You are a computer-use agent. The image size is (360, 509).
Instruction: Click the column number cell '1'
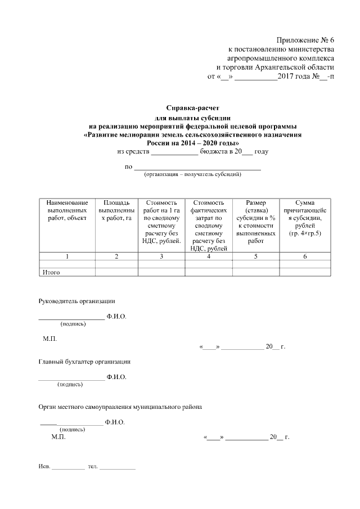coord(67,256)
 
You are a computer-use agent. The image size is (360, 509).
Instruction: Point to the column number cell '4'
coord(209,256)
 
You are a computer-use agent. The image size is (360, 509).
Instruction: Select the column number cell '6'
coord(304,256)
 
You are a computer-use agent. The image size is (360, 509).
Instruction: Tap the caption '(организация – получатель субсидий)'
coord(192,175)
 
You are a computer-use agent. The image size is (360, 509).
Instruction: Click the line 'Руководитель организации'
coord(76,301)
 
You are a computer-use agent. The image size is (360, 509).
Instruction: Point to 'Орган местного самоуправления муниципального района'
coord(119,406)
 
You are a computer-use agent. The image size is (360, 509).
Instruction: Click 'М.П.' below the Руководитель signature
coord(49,339)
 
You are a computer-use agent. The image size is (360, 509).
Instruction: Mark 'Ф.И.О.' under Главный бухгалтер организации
coord(116,376)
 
